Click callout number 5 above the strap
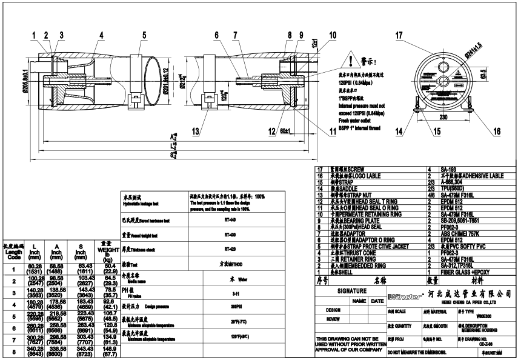coord(144,35)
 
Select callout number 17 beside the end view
coord(399,36)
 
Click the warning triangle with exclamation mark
coord(350,61)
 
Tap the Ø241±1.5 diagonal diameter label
coord(474,49)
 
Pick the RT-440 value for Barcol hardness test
coord(230,219)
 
